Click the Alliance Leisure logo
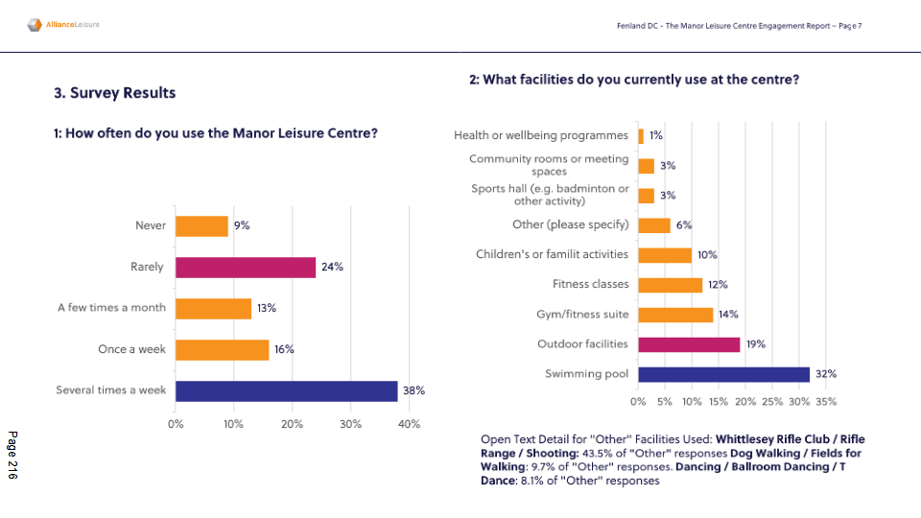point(63,24)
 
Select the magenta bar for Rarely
point(246,267)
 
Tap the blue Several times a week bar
point(286,390)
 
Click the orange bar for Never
point(201,225)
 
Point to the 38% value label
point(413,390)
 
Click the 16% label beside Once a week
point(284,349)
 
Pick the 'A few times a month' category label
point(111,308)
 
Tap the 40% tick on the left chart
point(409,423)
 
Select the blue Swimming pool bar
point(723,373)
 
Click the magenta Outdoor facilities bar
point(689,343)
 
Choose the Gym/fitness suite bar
point(675,315)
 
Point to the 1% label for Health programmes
point(656,136)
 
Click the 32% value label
point(825,373)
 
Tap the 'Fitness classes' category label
point(590,285)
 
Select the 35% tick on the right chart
point(825,401)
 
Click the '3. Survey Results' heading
point(115,93)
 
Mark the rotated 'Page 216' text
point(12,455)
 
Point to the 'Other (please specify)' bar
point(654,225)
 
